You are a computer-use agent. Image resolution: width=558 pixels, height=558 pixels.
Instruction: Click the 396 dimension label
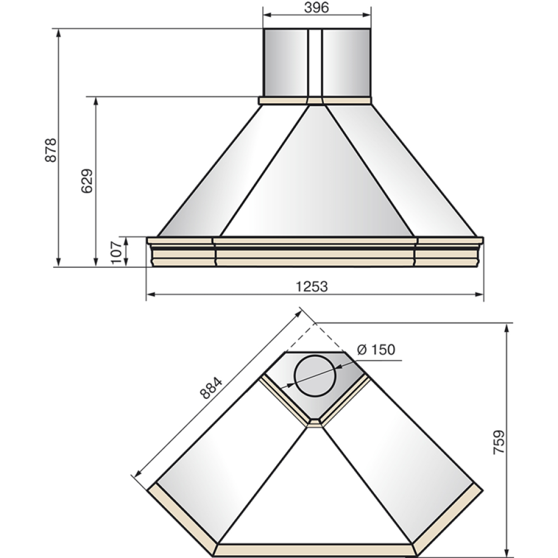(316, 7)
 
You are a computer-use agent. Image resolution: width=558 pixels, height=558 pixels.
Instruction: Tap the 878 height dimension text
(51, 150)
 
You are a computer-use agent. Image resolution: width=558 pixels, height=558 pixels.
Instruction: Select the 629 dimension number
(87, 181)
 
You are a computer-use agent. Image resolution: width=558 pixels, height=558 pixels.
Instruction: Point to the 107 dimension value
(117, 252)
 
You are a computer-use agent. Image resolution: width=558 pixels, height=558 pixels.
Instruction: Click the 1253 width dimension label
(312, 286)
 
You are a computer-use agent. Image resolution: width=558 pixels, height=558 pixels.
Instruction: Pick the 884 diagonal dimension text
(211, 388)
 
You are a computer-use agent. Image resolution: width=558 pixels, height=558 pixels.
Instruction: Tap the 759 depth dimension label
(499, 442)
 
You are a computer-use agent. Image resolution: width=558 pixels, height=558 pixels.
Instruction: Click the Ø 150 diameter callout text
(376, 349)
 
